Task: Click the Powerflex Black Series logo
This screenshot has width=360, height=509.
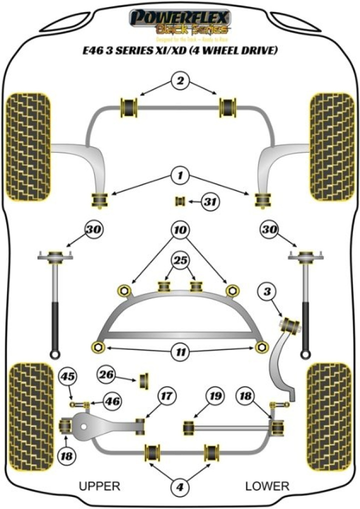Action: (x=179, y=25)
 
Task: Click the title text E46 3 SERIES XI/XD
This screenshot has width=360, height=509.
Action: (x=179, y=50)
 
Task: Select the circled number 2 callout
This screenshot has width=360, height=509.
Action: (x=179, y=80)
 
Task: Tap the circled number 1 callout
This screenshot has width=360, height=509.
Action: (x=179, y=175)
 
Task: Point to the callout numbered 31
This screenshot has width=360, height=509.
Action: (x=210, y=202)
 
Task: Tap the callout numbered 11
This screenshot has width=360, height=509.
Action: (x=179, y=352)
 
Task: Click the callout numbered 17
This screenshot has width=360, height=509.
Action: (x=166, y=396)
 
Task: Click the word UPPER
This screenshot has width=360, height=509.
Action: (x=100, y=485)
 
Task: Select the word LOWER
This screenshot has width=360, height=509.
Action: (x=267, y=485)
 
